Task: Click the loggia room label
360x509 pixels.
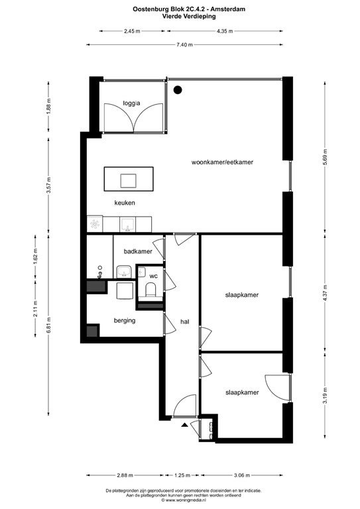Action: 131,103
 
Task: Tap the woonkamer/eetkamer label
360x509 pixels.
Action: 222,162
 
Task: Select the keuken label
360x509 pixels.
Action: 125,203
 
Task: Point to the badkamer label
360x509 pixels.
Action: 138,251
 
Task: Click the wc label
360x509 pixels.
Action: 154,276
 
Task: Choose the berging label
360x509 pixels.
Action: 125,321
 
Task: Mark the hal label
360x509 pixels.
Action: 185,321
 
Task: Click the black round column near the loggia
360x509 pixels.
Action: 178,90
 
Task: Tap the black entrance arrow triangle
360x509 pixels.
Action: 184,424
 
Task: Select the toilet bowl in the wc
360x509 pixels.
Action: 150,289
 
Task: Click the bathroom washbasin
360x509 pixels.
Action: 124,272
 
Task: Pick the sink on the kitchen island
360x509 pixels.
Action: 128,181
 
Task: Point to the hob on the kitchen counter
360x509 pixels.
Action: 95,224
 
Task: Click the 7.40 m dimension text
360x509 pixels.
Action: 184,45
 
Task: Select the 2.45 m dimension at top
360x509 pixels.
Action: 132,31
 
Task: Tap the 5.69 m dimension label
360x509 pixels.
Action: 326,158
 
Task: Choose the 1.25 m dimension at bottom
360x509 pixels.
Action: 182,475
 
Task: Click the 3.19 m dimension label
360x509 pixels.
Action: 326,396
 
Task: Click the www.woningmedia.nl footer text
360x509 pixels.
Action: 184,501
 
